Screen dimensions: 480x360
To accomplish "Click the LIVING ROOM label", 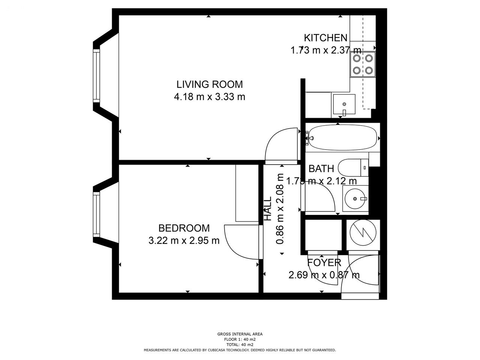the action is coord(210,85).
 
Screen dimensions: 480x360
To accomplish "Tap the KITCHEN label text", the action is coord(325,38).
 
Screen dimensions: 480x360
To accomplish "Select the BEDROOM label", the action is coord(184,228).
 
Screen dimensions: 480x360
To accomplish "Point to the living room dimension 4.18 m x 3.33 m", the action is coord(210,97).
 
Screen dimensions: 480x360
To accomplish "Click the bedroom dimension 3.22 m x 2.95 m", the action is coord(184,241).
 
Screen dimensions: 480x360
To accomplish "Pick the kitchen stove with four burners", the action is coord(363,64).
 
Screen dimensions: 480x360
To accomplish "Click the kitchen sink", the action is coord(344,104).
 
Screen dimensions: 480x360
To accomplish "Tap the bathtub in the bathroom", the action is coord(342,138).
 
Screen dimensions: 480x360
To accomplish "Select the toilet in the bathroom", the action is coord(353,168).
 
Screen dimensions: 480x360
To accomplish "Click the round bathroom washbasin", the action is coord(355,199).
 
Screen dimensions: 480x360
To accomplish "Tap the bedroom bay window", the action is coord(96,214).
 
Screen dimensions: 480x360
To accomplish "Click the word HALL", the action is coord(267,208).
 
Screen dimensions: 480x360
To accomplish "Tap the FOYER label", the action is coord(324,262).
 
